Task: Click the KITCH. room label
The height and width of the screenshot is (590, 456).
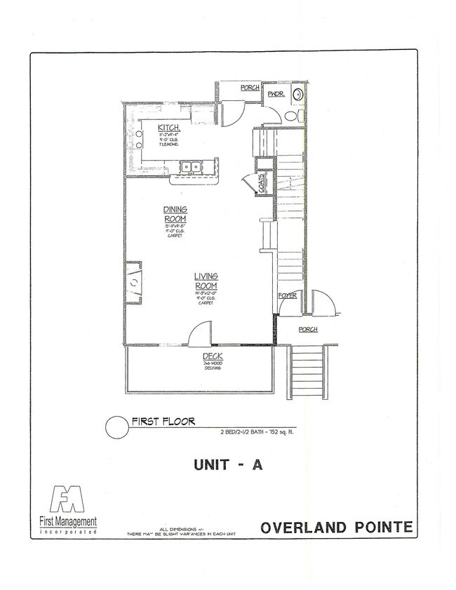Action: [172, 128]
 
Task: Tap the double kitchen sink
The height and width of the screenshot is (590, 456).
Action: [191, 167]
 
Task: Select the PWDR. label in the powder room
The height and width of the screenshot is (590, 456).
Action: [275, 92]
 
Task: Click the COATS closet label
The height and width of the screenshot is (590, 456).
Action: [262, 184]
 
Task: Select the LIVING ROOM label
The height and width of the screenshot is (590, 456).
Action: [206, 281]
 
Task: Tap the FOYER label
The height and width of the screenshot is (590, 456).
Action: [288, 296]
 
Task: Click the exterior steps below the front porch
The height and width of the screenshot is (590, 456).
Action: [307, 369]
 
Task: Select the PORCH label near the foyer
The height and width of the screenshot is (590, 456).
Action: [308, 329]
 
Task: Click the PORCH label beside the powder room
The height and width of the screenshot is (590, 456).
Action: [250, 88]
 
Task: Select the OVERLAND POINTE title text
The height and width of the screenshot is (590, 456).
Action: [336, 528]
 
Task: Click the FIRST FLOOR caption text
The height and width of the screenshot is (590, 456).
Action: [163, 422]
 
